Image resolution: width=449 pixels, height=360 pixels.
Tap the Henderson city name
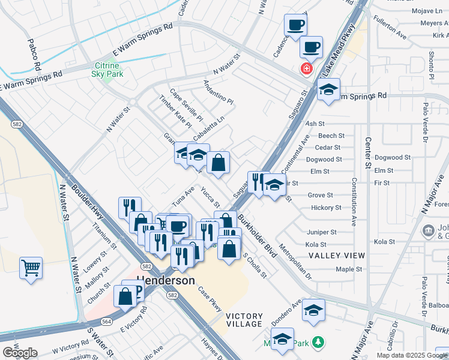coord(166,280)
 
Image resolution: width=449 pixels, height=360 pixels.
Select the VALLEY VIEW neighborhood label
coord(337,256)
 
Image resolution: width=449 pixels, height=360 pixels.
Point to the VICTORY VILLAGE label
coord(244,320)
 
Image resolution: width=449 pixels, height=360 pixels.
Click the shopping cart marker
coord(31,267)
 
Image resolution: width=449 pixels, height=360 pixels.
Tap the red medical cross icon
coord(307,69)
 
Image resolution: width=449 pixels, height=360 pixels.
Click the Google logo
coord(20,353)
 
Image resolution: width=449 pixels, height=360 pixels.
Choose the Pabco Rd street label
coord(34,55)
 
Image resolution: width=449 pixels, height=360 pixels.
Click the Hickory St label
coord(326,208)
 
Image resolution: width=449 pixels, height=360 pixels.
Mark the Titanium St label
coord(104,236)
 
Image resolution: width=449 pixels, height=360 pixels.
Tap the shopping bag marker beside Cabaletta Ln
coord(218,162)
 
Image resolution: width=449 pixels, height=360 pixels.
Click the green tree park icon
coord(318,343)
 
